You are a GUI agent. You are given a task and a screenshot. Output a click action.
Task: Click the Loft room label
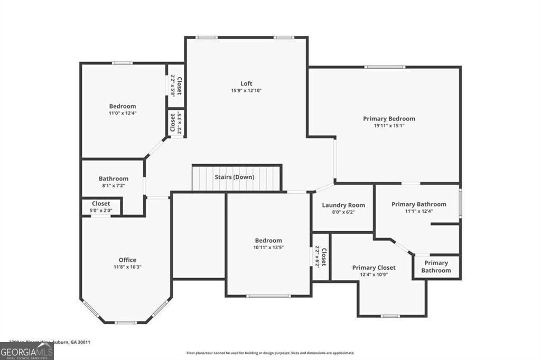246,83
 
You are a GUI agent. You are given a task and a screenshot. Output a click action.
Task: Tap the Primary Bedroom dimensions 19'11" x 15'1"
389,126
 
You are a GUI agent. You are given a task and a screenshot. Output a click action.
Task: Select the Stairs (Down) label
234,177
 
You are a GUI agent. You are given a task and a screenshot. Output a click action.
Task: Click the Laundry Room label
343,205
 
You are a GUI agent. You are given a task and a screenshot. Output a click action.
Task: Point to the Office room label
127,260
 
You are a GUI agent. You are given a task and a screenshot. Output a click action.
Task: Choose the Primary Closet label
374,268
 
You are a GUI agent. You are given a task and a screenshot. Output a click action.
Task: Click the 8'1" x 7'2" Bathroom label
113,182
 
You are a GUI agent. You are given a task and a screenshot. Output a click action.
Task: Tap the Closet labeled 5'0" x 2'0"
101,206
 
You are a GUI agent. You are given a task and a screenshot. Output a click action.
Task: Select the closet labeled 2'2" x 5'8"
176,86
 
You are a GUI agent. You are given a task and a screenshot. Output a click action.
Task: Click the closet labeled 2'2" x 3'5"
176,123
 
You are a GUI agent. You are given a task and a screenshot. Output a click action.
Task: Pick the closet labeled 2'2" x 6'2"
321,258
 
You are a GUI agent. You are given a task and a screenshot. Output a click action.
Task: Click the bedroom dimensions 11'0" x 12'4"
123,113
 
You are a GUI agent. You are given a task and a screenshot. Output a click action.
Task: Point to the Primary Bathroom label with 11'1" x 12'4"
418,207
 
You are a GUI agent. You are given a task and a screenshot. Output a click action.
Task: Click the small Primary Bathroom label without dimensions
436,267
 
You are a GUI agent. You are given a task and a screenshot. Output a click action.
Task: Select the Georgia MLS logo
26,352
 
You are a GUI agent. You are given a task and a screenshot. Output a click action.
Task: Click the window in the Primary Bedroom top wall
385,67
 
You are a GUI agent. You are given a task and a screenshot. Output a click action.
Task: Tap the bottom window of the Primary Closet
390,316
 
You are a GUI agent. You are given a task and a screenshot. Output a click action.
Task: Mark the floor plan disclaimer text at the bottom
270,353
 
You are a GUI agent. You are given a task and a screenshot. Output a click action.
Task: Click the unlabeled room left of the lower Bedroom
199,235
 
